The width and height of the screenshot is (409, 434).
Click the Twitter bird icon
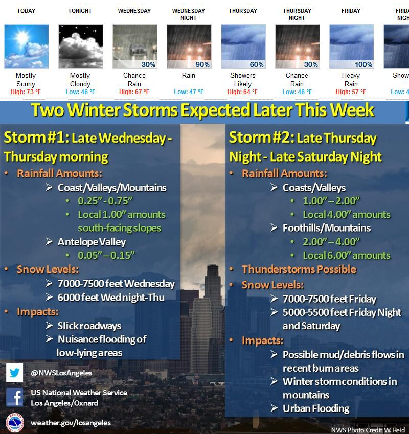(14, 373)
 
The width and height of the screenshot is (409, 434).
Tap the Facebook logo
(14, 397)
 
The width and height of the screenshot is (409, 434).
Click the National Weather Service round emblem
(14, 422)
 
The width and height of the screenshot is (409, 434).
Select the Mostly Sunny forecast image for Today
(26, 47)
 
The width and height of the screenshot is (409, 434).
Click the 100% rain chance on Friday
(363, 64)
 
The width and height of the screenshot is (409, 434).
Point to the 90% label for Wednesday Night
(202, 64)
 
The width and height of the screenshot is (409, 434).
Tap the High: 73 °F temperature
(26, 92)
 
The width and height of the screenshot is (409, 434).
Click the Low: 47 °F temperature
(189, 92)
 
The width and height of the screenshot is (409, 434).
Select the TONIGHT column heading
(80, 11)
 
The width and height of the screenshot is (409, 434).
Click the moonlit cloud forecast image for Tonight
(81, 47)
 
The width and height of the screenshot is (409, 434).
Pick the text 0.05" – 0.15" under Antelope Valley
(106, 255)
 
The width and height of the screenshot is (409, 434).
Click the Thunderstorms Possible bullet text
(299, 269)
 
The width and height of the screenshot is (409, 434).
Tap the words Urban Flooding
(316, 408)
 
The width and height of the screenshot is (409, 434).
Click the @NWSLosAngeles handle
(61, 373)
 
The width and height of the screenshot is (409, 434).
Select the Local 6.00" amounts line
(347, 255)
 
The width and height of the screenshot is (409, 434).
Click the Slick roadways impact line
(89, 326)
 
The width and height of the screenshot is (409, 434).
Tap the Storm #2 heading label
(261, 138)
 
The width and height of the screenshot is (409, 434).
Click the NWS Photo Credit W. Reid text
(368, 430)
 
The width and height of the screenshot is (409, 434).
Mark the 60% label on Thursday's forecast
(257, 64)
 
